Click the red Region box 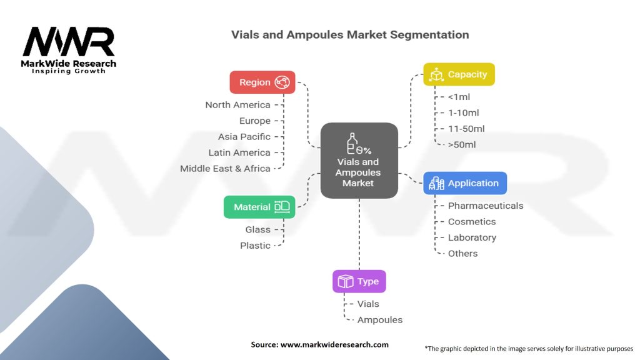(x=262, y=82)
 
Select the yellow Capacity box (x=459, y=74)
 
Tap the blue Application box (x=465, y=183)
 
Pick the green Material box (x=259, y=207)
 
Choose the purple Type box (x=359, y=281)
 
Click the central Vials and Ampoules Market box (x=359, y=160)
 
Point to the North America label (x=237, y=105)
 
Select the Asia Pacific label (x=244, y=137)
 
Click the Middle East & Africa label (x=225, y=169)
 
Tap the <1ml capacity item (x=459, y=97)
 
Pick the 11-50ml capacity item (x=466, y=129)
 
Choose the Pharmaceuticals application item (x=486, y=206)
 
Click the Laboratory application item (x=472, y=237)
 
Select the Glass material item (x=257, y=230)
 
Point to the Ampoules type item (x=380, y=320)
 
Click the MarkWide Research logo (x=69, y=50)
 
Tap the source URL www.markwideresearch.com (x=319, y=344)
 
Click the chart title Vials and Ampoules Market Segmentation (x=349, y=34)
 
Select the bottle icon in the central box (x=353, y=143)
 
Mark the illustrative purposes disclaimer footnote (x=529, y=348)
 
